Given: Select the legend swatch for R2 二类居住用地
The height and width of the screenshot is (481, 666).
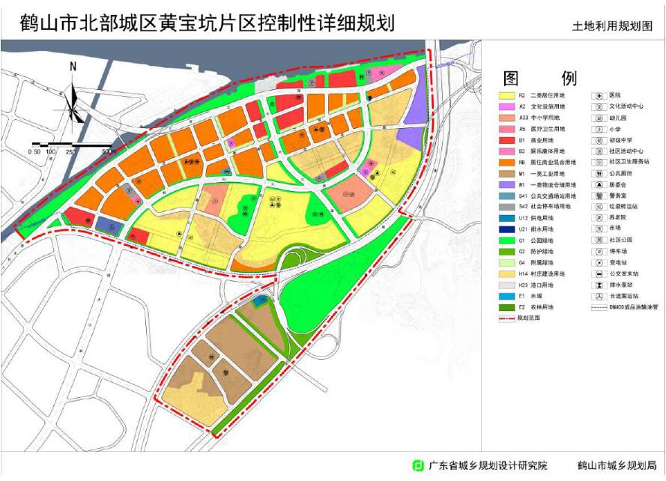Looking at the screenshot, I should (x=506, y=96).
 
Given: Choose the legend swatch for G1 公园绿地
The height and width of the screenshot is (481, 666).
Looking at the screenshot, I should (x=506, y=240).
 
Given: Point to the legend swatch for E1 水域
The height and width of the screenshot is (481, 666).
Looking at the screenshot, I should (x=506, y=295).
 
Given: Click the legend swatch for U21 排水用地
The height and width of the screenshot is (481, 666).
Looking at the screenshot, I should (x=506, y=229).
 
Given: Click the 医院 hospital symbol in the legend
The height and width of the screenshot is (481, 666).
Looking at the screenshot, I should (x=598, y=96).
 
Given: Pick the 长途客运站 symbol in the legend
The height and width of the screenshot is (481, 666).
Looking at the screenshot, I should (x=598, y=295).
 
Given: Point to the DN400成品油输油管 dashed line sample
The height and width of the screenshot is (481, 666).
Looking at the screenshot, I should (x=598, y=306).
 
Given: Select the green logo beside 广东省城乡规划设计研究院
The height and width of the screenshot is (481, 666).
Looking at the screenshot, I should (x=419, y=465).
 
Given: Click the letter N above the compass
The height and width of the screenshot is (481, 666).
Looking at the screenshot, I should (x=73, y=67).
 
